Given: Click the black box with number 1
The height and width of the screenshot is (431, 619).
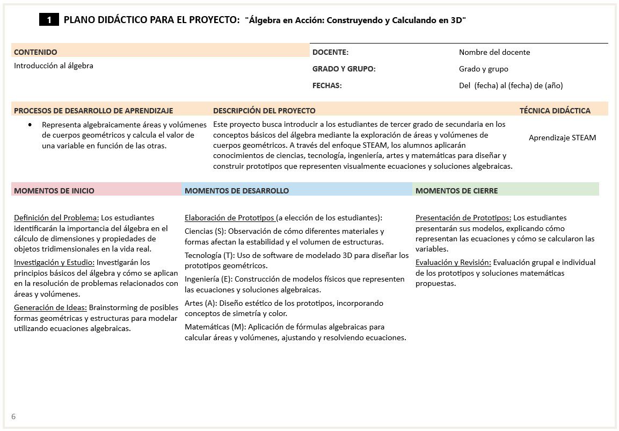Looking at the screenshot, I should click(49, 20).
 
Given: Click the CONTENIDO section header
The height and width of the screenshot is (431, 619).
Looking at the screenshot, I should click(35, 52).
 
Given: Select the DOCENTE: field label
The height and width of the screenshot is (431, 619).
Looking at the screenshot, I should click(330, 52).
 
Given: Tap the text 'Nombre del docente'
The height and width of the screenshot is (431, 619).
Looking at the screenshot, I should click(494, 52).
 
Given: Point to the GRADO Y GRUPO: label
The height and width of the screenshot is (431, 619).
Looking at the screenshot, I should click(344, 69).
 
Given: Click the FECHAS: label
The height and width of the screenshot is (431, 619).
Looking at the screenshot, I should click(327, 85).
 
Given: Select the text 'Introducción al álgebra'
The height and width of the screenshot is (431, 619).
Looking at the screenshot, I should click(54, 66).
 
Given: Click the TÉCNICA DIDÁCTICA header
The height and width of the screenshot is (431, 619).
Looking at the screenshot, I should click(555, 111).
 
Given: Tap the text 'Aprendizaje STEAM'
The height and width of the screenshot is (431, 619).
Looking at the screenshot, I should click(562, 138).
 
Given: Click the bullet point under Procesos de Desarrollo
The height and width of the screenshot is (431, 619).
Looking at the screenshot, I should click(30, 124).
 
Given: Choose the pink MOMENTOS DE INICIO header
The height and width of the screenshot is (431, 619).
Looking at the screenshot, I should click(54, 191).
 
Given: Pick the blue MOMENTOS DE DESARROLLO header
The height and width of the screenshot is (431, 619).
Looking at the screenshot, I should click(236, 191).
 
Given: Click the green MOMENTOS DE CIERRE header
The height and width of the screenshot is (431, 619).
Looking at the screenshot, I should click(456, 191).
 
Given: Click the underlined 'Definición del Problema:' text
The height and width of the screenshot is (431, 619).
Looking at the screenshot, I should click(56, 218).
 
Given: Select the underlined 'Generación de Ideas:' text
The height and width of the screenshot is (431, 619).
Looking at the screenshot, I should click(50, 308).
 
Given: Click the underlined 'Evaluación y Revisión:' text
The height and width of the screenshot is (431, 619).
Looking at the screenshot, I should click(453, 263).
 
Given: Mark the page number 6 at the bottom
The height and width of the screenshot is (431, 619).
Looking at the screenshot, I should click(13, 416).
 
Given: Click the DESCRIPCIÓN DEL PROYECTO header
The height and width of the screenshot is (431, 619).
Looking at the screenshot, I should click(264, 111).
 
